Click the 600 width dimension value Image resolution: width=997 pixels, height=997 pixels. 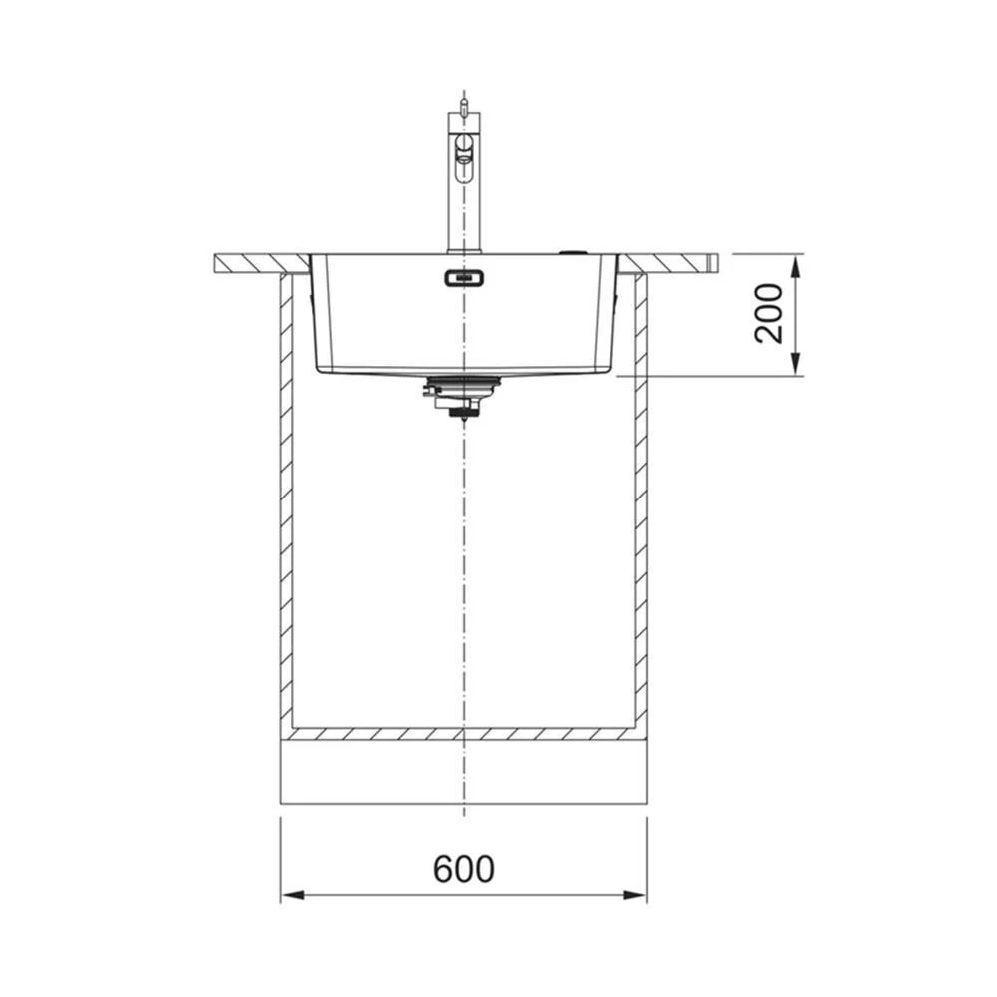(463, 869)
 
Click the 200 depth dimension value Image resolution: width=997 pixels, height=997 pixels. (768, 314)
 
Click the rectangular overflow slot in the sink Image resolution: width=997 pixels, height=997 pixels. (464, 278)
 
